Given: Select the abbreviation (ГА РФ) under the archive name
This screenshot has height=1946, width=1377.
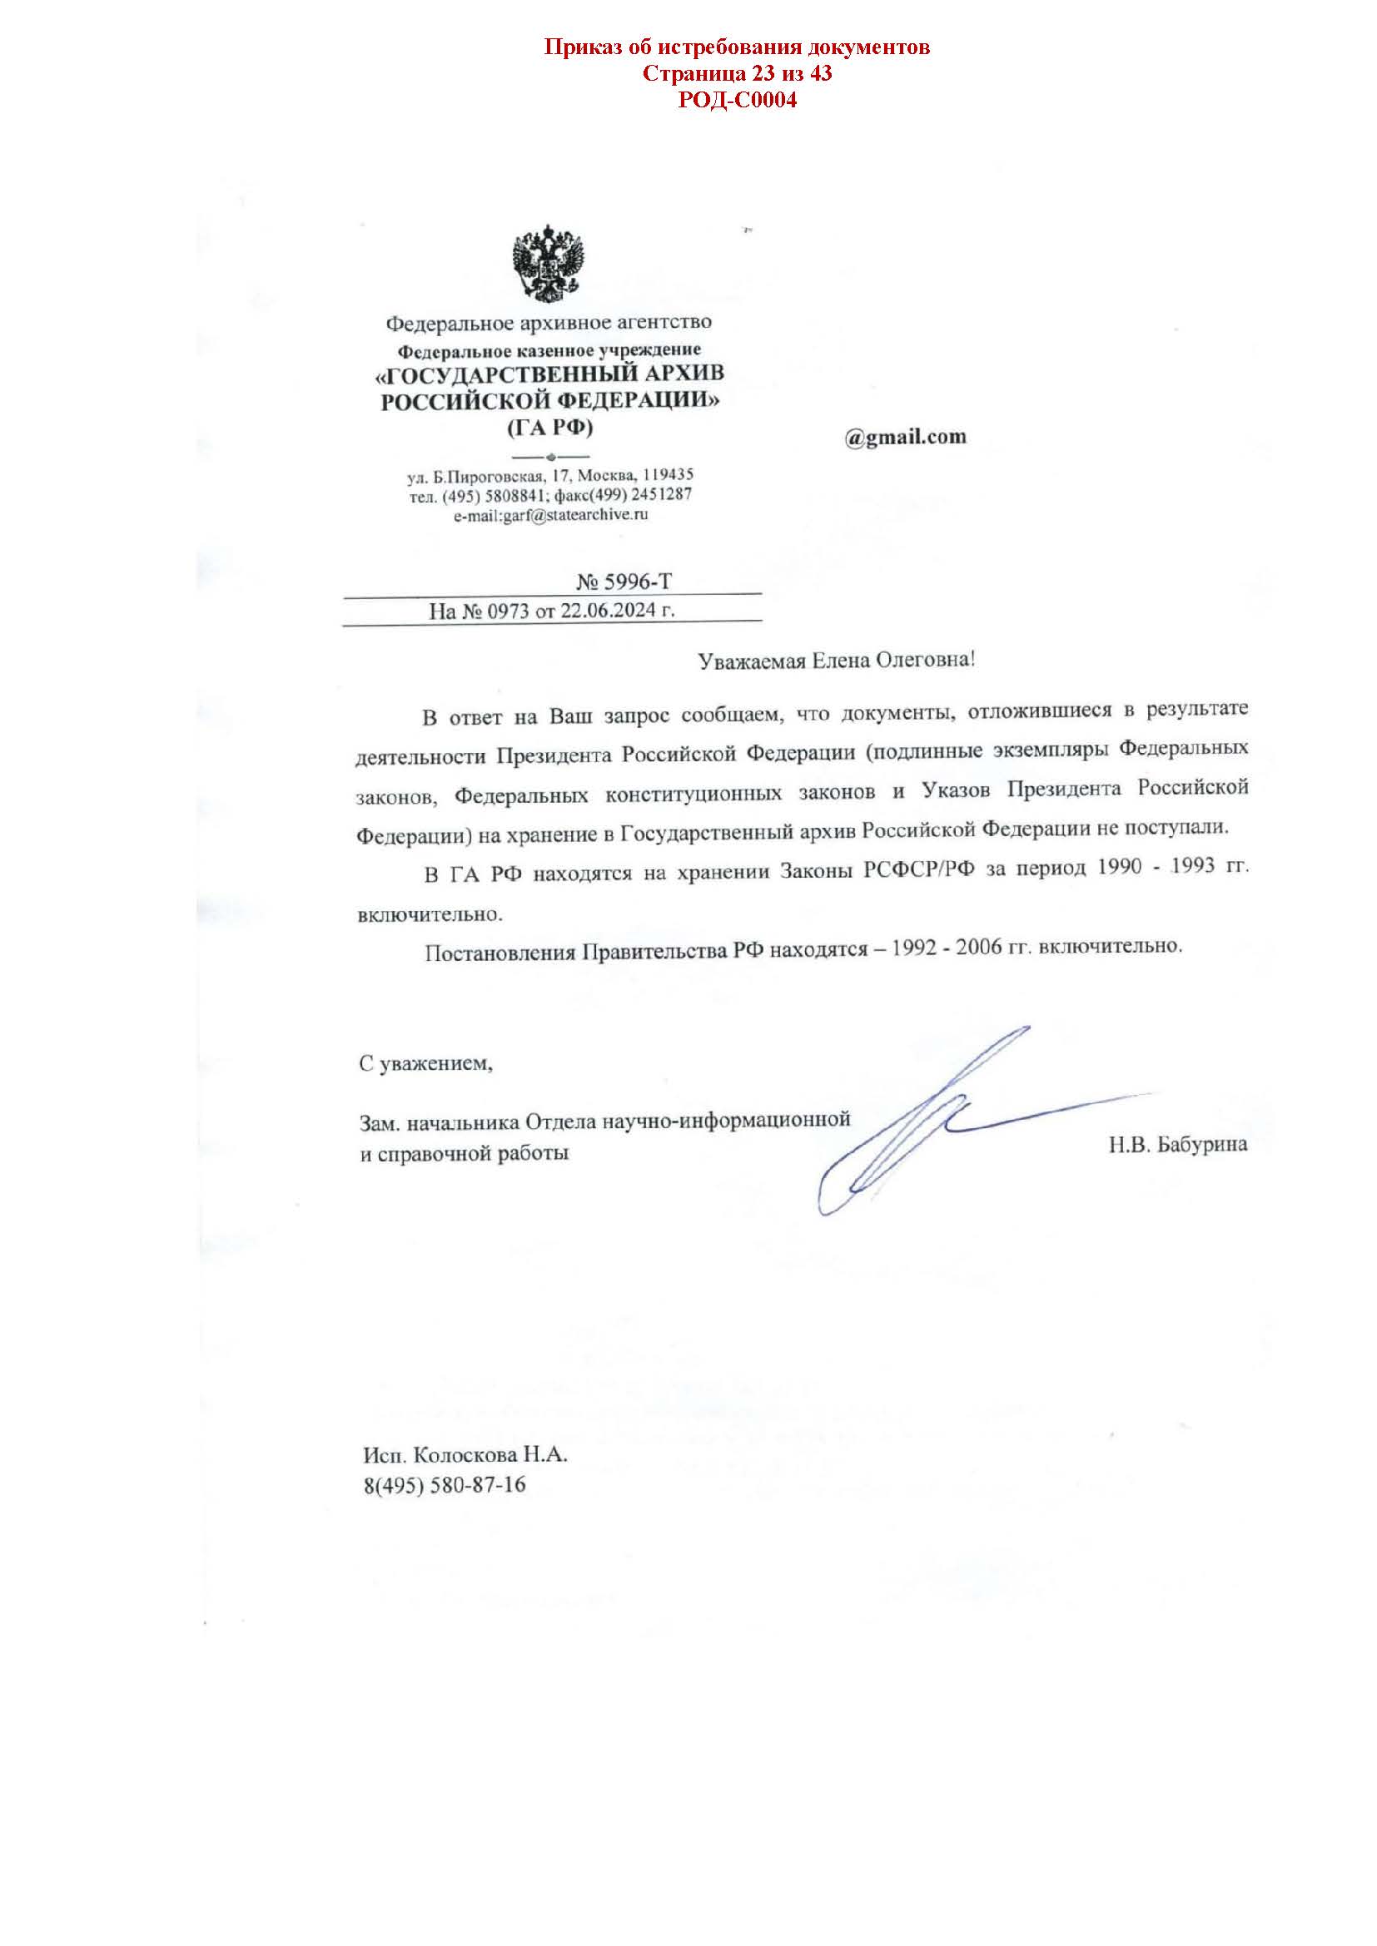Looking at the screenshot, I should (x=550, y=428).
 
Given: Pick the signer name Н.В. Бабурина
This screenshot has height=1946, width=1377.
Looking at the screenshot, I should (x=1177, y=1145).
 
